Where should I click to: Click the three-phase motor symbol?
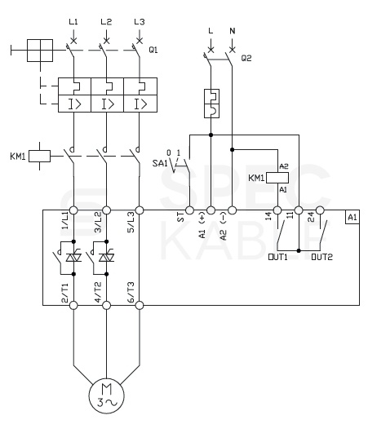click(x=106, y=396)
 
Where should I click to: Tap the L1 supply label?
click(x=73, y=22)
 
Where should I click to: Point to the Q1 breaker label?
click(x=153, y=50)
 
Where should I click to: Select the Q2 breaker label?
click(x=246, y=58)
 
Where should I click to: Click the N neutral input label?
click(x=233, y=31)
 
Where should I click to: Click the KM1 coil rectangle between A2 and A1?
click(x=277, y=178)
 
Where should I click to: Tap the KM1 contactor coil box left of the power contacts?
click(x=39, y=157)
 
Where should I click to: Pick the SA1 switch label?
click(x=160, y=163)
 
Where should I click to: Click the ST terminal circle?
click(x=189, y=210)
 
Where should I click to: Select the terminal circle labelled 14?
click(x=277, y=210)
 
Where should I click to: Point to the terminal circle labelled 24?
click(x=320, y=210)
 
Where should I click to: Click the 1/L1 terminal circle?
click(x=73, y=210)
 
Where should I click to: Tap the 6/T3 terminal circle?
click(x=140, y=306)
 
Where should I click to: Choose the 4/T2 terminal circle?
click(x=106, y=306)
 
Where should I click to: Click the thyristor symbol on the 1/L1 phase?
click(x=73, y=257)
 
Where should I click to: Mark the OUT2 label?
click(x=321, y=257)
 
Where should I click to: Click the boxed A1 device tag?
click(x=352, y=217)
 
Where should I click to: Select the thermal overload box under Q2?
click(x=211, y=104)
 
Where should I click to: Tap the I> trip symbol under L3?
click(x=140, y=104)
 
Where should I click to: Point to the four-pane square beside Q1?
click(x=40, y=51)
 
